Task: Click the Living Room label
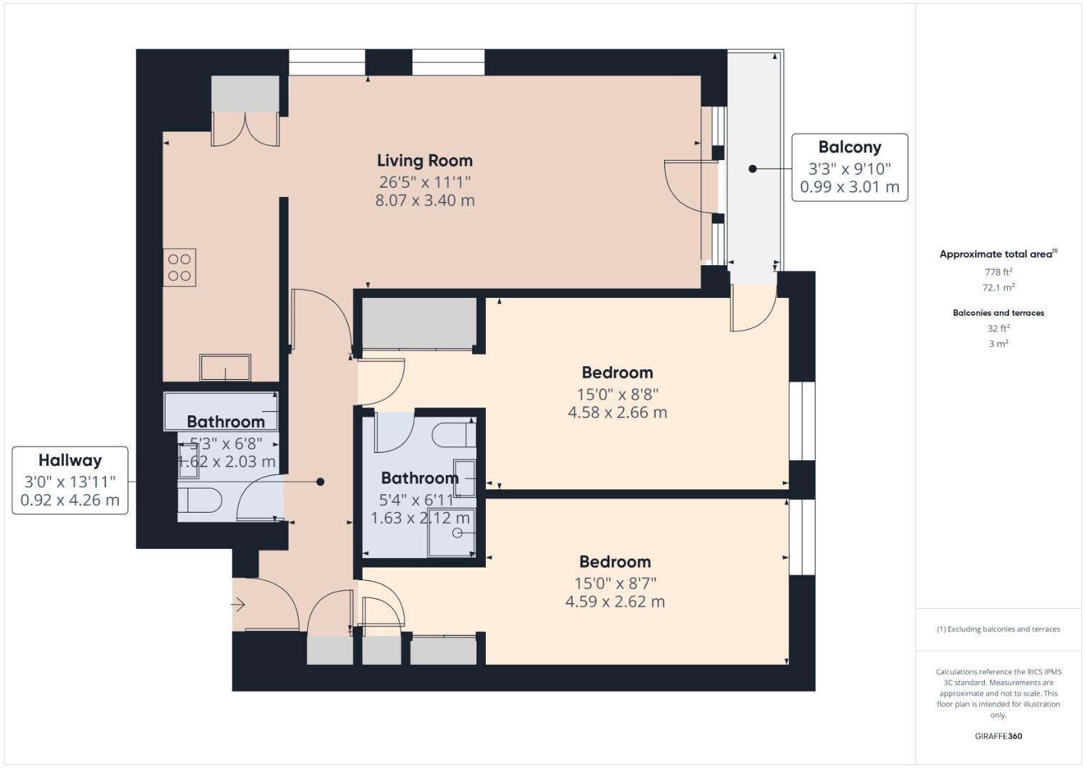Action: click(x=425, y=161)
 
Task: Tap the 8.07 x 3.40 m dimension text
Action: click(x=425, y=201)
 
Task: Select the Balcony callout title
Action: click(x=849, y=147)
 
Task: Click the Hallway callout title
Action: click(x=70, y=460)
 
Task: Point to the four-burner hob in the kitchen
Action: click(x=179, y=267)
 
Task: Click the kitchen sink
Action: click(x=225, y=368)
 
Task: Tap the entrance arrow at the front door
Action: click(x=238, y=605)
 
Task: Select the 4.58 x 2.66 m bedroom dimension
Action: click(x=617, y=412)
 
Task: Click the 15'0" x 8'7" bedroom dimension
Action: click(x=615, y=583)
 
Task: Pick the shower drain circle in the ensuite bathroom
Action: click(x=457, y=533)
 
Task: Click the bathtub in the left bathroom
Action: click(x=220, y=410)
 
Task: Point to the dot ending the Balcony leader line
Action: click(x=752, y=169)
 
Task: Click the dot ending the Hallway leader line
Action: click(x=320, y=482)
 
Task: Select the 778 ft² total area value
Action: click(x=999, y=272)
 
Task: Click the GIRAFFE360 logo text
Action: click(x=998, y=736)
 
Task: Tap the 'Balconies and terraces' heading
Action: click(x=999, y=313)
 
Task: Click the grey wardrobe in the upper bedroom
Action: click(x=419, y=324)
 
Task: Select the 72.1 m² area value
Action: click(x=999, y=288)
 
